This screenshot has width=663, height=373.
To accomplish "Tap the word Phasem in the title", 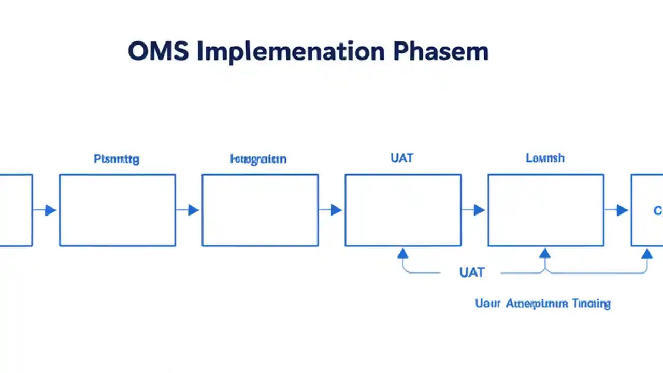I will tap(440, 52).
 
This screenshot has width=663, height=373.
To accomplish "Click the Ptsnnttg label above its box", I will tap(117, 159).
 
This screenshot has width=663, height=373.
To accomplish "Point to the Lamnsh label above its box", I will tap(545, 158).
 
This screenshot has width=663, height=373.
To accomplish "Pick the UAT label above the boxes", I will tap(402, 158).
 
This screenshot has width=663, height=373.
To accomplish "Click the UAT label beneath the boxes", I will tap(471, 272).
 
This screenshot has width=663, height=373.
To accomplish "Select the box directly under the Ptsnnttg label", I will tap(118, 210).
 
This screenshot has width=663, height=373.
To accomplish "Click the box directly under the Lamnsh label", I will tap(546, 210).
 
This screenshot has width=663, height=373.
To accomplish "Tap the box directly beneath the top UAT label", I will tap(403, 210).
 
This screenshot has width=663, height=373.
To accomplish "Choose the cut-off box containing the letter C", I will tap(647, 210).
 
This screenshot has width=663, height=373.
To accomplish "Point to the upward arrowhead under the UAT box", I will tap(403, 253).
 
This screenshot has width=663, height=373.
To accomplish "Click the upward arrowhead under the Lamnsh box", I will tap(544, 253).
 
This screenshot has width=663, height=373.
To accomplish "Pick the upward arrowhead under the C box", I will tap(647, 253).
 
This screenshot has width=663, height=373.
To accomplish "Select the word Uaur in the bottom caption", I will tap(488, 304).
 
